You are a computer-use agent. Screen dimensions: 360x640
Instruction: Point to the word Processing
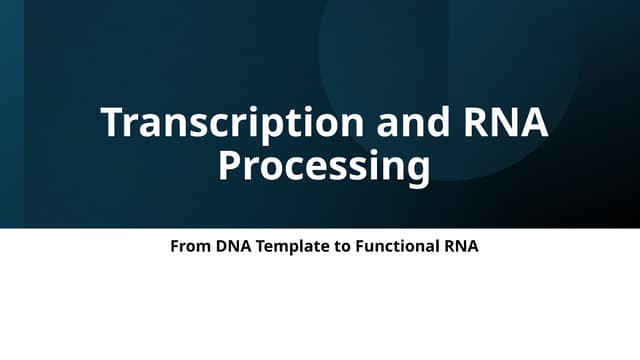point(324,165)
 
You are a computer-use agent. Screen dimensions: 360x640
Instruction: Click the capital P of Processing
point(230,165)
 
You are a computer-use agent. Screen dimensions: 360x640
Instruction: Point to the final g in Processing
point(418,168)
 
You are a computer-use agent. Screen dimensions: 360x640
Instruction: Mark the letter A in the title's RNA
point(534,123)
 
